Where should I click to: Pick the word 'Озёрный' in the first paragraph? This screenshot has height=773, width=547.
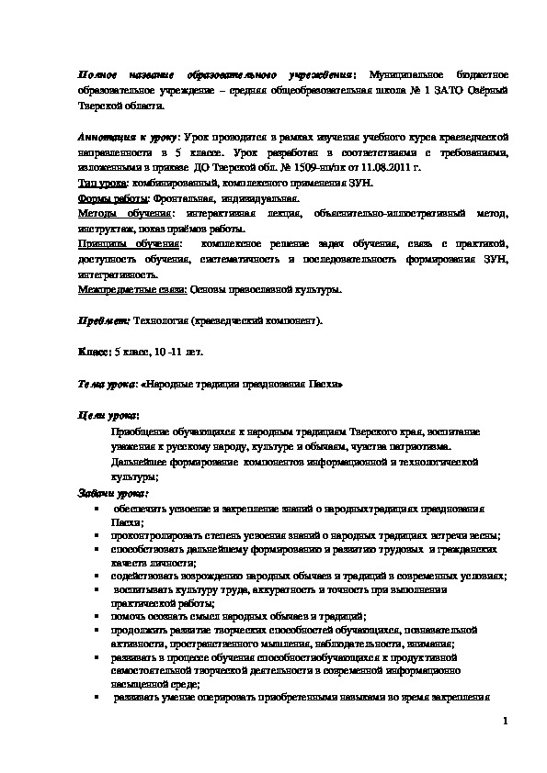coord(479,91)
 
